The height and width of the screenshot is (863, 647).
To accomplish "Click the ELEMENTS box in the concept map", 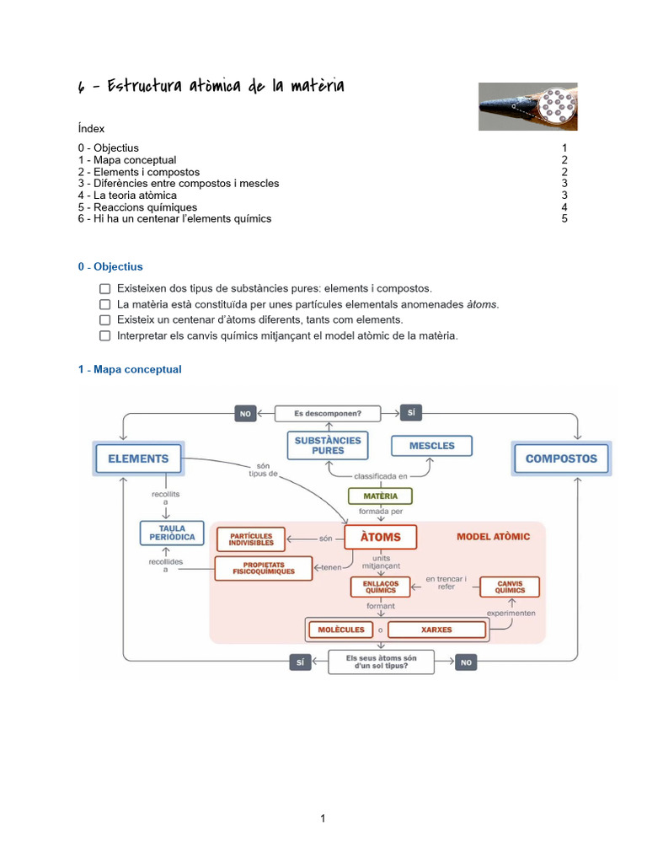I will (x=138, y=459).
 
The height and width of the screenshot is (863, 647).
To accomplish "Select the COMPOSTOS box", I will (x=561, y=459).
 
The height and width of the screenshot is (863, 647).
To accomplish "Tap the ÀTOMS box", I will (x=381, y=537).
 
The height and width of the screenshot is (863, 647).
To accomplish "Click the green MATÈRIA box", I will (x=380, y=496).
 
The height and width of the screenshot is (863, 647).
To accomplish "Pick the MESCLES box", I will (x=431, y=446).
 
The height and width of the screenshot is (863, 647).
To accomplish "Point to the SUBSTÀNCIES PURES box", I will (x=328, y=446).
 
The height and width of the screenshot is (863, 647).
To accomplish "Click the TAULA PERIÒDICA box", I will (x=172, y=533).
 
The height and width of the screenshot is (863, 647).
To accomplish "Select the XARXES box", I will (x=436, y=630).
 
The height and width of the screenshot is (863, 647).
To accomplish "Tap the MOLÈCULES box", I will (x=341, y=630).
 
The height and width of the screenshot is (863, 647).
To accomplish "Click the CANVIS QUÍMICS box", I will (x=510, y=587).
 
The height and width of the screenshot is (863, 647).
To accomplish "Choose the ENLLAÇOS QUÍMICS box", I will (x=381, y=587).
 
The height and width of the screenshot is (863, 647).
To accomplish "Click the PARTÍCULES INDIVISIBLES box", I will (x=251, y=539).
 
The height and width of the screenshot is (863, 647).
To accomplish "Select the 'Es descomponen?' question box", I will (x=328, y=413).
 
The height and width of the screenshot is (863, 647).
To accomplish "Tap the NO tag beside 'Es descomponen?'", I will (x=246, y=414).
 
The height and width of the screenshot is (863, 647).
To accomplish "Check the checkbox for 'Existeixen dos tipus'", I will (x=104, y=289).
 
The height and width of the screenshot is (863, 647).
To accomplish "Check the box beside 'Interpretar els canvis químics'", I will (x=104, y=335).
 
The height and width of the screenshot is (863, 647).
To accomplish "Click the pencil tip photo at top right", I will (x=528, y=106).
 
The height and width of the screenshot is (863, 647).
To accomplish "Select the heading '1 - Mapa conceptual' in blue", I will (x=130, y=369).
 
